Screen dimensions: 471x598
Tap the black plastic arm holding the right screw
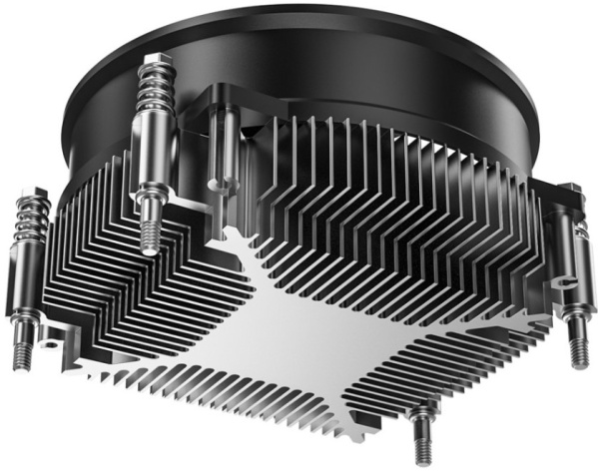coord(559,205)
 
